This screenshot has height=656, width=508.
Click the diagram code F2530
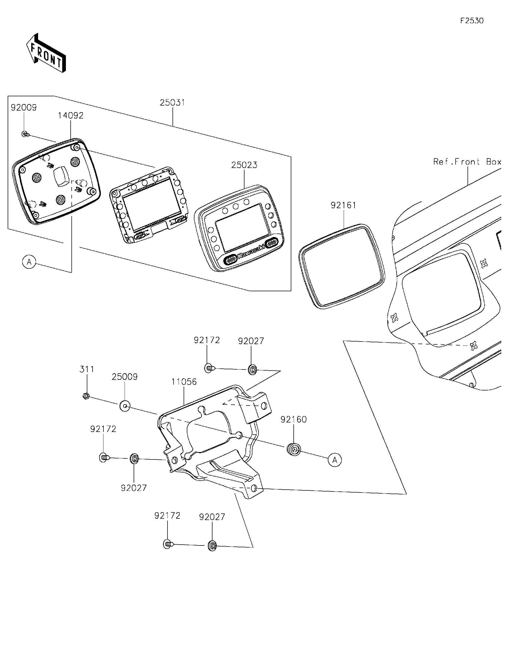(472, 21)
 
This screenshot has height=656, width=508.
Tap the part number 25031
(172, 103)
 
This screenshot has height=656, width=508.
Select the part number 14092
(71, 116)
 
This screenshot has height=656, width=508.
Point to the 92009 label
(24, 108)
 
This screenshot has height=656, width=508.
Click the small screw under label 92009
(25, 134)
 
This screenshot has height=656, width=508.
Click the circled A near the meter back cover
(29, 262)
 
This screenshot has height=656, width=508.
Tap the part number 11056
(184, 382)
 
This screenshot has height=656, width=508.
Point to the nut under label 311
(86, 397)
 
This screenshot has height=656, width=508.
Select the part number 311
(87, 370)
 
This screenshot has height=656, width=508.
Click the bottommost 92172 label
(167, 516)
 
